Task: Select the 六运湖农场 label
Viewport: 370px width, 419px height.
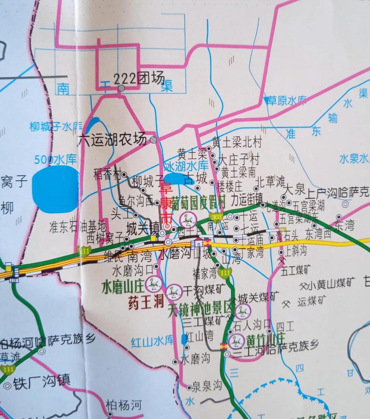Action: (x=112, y=140)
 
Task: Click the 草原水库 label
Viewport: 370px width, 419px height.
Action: (x=287, y=100)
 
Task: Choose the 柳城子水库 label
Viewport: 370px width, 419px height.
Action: (x=56, y=126)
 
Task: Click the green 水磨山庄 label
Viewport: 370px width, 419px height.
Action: (x=123, y=287)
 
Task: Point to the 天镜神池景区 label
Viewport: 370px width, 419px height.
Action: (x=201, y=309)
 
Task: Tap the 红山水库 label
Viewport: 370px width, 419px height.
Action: (x=152, y=341)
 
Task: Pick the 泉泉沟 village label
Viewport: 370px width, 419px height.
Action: (x=207, y=386)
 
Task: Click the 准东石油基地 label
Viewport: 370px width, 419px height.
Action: (x=77, y=227)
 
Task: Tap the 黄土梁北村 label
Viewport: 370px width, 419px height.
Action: (x=237, y=143)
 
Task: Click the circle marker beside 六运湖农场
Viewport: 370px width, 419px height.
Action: (x=153, y=140)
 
